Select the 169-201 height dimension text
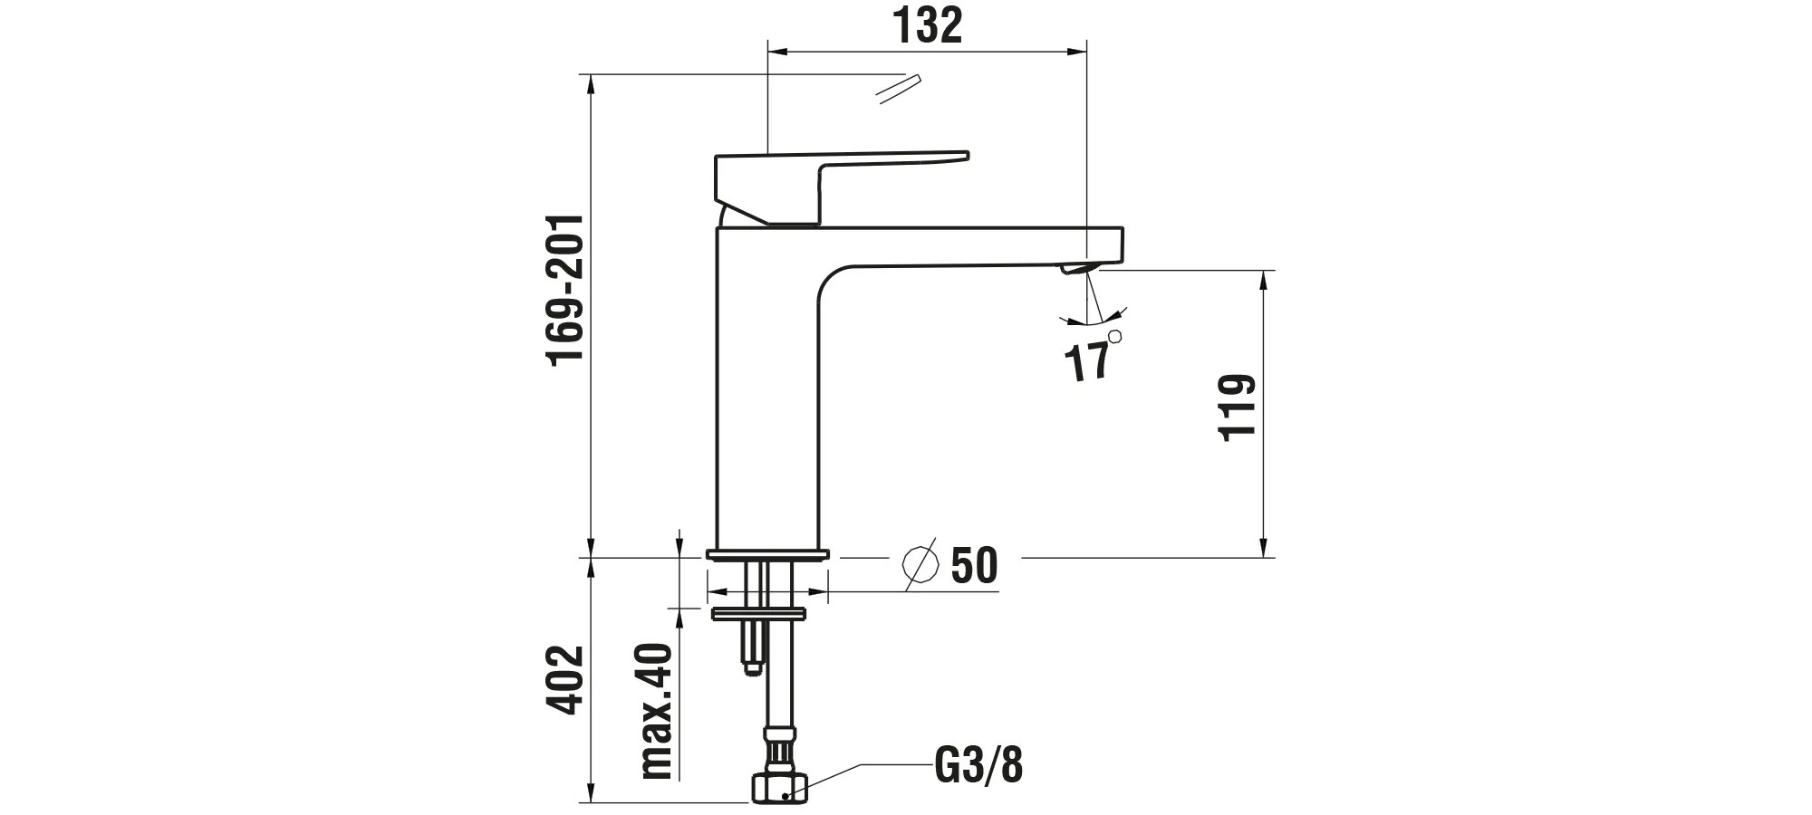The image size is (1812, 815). [568, 291]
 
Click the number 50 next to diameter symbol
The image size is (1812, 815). [974, 566]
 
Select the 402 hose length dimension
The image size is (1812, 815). [568, 679]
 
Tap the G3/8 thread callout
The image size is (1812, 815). [978, 766]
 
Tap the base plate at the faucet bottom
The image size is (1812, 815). [767, 553]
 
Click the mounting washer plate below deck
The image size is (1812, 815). [759, 614]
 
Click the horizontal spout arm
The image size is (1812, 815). [960, 244]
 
